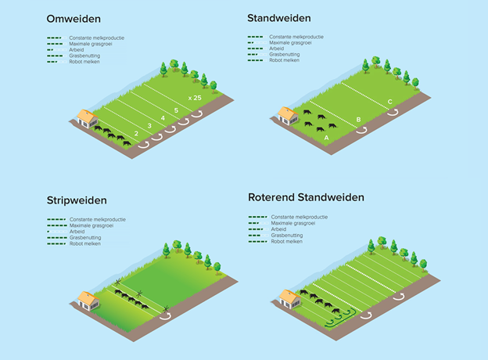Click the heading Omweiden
click(74, 17)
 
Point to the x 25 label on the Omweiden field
click(194, 97)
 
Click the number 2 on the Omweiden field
click(136, 134)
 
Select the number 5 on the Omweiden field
click(176, 110)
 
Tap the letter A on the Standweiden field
click(326, 136)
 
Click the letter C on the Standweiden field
click(389, 102)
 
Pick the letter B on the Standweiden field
click(358, 120)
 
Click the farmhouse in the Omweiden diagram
click(85, 118)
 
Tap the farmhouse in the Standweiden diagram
click(288, 116)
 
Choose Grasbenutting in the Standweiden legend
click(284, 54)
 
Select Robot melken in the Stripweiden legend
click(86, 243)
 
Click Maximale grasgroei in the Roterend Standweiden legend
click(294, 223)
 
